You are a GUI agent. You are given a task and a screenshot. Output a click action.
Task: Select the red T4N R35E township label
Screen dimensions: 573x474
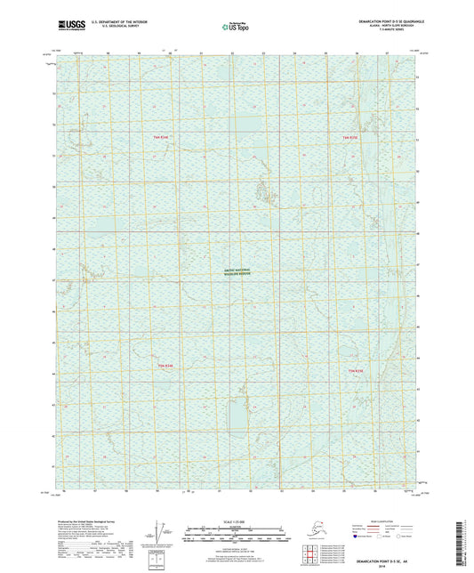(x=354, y=137)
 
